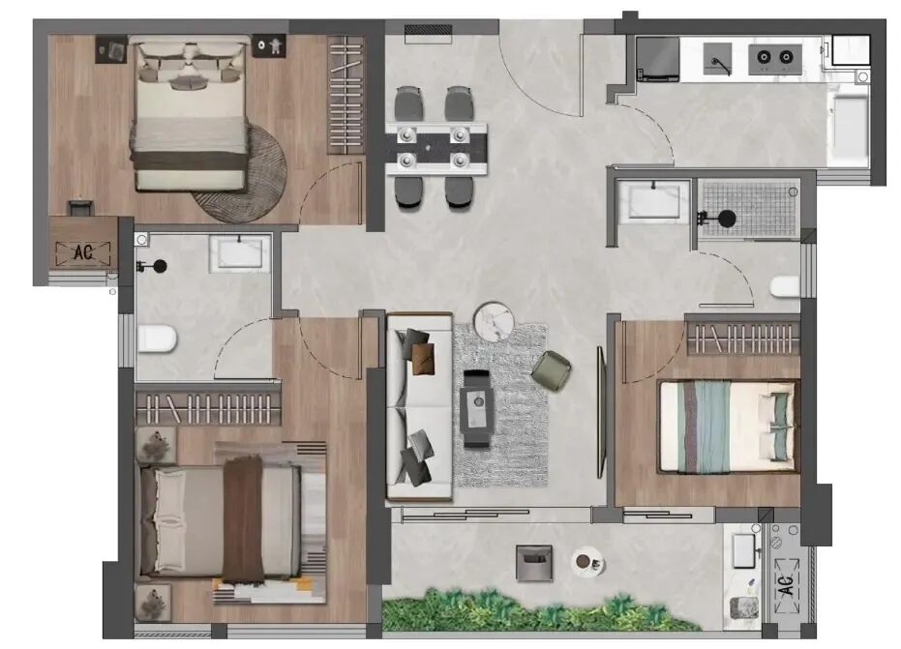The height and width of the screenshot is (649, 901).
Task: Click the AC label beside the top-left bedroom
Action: (x=83, y=252)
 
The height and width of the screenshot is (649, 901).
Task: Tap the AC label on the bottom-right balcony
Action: (x=787, y=584)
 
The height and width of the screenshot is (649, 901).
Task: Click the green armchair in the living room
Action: (x=551, y=370)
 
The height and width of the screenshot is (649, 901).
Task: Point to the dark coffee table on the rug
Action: (x=477, y=408)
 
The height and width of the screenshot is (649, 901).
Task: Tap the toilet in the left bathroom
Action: (x=157, y=339)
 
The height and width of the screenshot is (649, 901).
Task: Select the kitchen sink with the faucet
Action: (x=718, y=59)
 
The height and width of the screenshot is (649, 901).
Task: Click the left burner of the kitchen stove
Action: (x=764, y=57)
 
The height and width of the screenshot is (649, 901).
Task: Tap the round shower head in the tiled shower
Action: (x=727, y=219)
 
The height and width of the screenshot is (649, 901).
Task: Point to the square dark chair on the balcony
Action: (x=534, y=563)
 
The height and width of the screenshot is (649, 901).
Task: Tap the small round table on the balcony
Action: (x=587, y=562)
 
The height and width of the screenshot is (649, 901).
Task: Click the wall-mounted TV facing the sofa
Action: (x=601, y=412)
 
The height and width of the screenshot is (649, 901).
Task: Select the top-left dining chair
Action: (x=408, y=103)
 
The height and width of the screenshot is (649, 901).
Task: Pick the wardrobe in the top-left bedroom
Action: (x=345, y=96)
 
